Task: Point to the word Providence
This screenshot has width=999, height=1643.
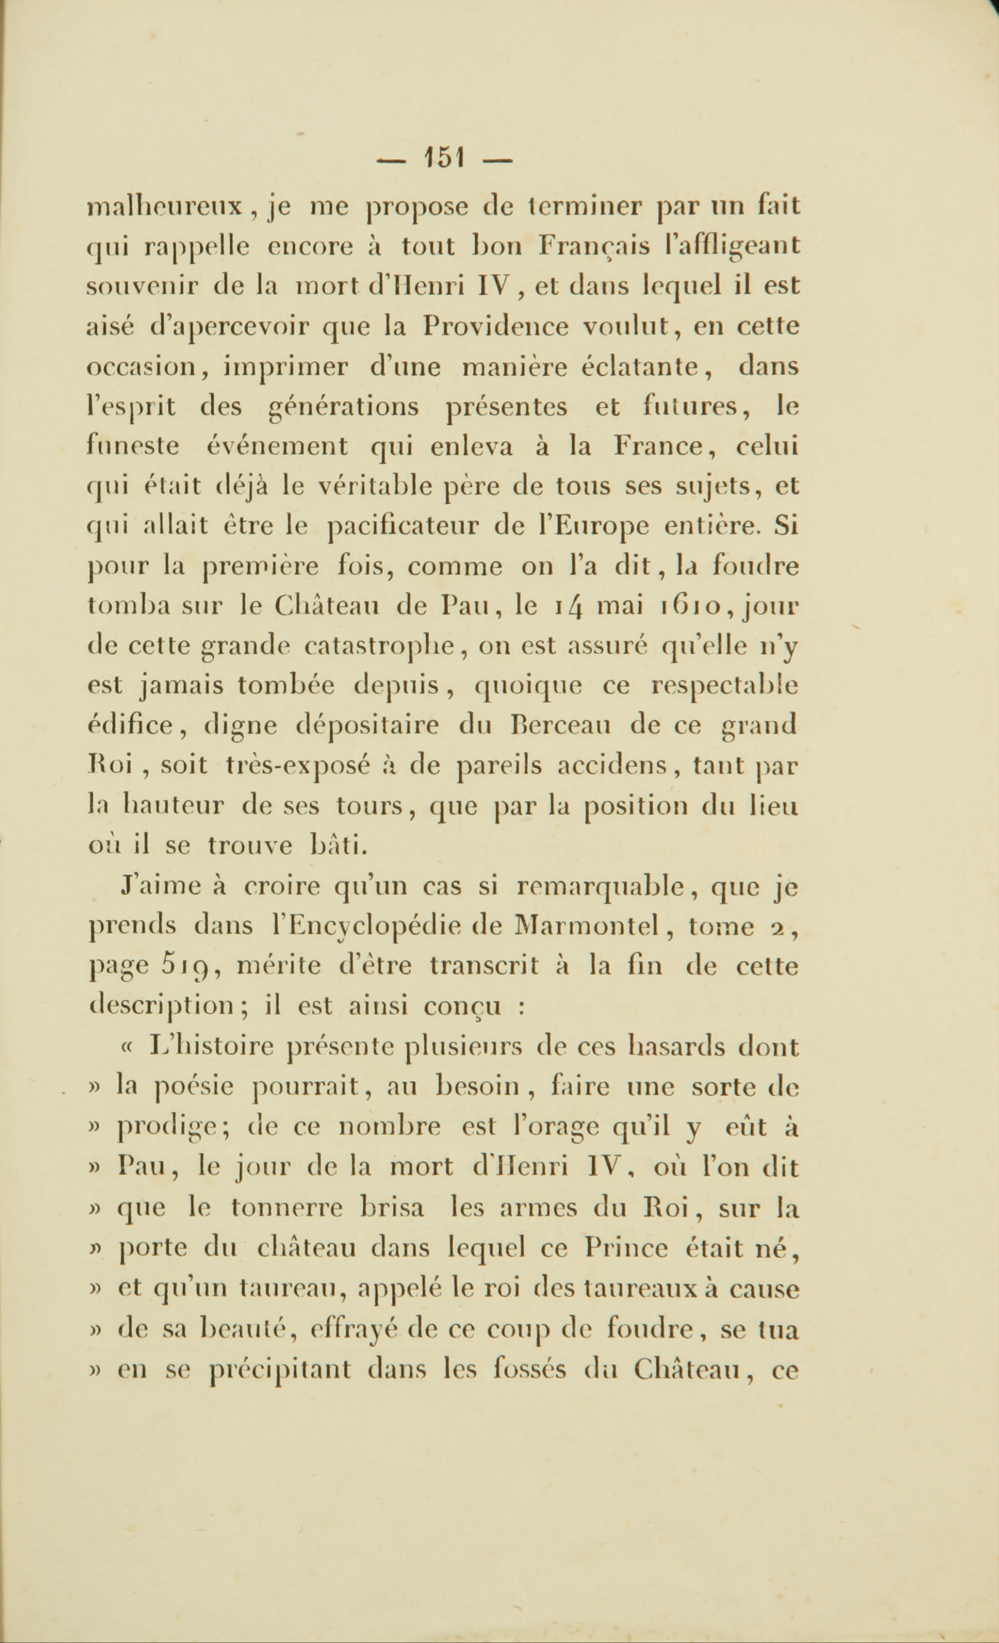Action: [496, 327]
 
